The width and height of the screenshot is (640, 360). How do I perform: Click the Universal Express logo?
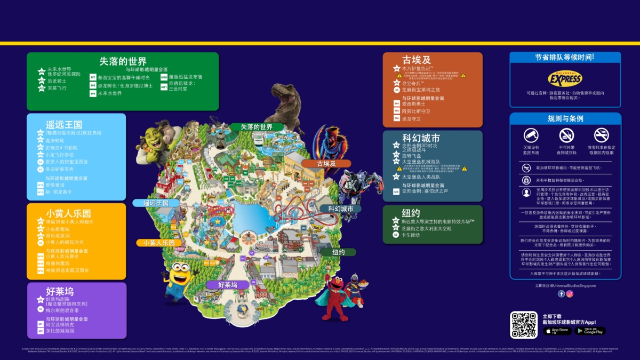(565, 79)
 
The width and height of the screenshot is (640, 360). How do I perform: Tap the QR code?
(524, 324)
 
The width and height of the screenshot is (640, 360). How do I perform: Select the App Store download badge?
(557, 331)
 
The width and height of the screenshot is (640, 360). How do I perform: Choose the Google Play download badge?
(590, 331)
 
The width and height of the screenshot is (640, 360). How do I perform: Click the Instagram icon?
(570, 294)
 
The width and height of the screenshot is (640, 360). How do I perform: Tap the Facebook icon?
(561, 294)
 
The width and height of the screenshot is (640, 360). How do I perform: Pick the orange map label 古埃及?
(326, 164)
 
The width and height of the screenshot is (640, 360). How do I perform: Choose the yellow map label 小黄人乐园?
(158, 243)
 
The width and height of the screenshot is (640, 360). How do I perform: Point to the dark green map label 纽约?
(338, 252)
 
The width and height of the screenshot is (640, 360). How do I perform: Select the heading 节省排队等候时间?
(565, 57)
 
